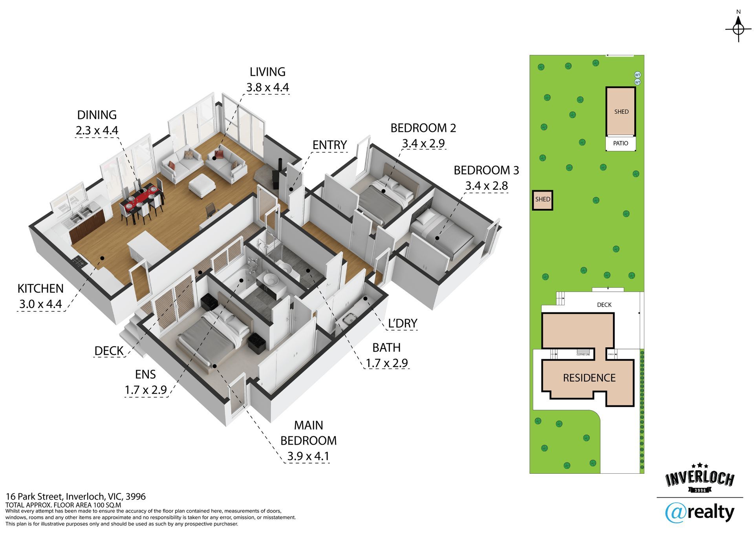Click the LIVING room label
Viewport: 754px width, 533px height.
[267, 72]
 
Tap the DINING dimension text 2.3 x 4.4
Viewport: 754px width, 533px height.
[97, 130]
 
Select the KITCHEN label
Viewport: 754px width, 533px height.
[40, 288]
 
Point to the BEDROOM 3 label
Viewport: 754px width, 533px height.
[486, 170]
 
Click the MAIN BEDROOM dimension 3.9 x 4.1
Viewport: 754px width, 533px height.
[308, 456]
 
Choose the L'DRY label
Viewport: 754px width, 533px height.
[403, 323]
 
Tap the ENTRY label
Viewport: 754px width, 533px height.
[329, 145]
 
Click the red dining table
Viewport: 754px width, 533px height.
[141, 199]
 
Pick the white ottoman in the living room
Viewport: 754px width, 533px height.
[202, 185]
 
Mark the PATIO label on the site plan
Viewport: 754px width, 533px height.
[620, 143]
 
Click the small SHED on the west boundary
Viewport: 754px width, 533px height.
[543, 200]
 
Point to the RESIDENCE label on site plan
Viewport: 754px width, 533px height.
[589, 378]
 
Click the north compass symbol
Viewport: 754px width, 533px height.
[738, 29]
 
